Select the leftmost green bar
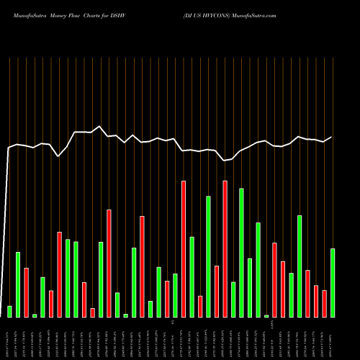tap(9, 311)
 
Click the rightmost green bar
tap(333, 282)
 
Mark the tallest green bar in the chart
tap(241, 252)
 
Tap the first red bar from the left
tap(26, 292)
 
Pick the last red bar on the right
tap(324, 303)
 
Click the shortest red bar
tap(93, 312)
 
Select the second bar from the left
tap(18, 284)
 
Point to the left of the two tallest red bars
tap(184, 248)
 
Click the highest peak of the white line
tap(100, 126)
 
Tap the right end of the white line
tap(332, 137)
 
